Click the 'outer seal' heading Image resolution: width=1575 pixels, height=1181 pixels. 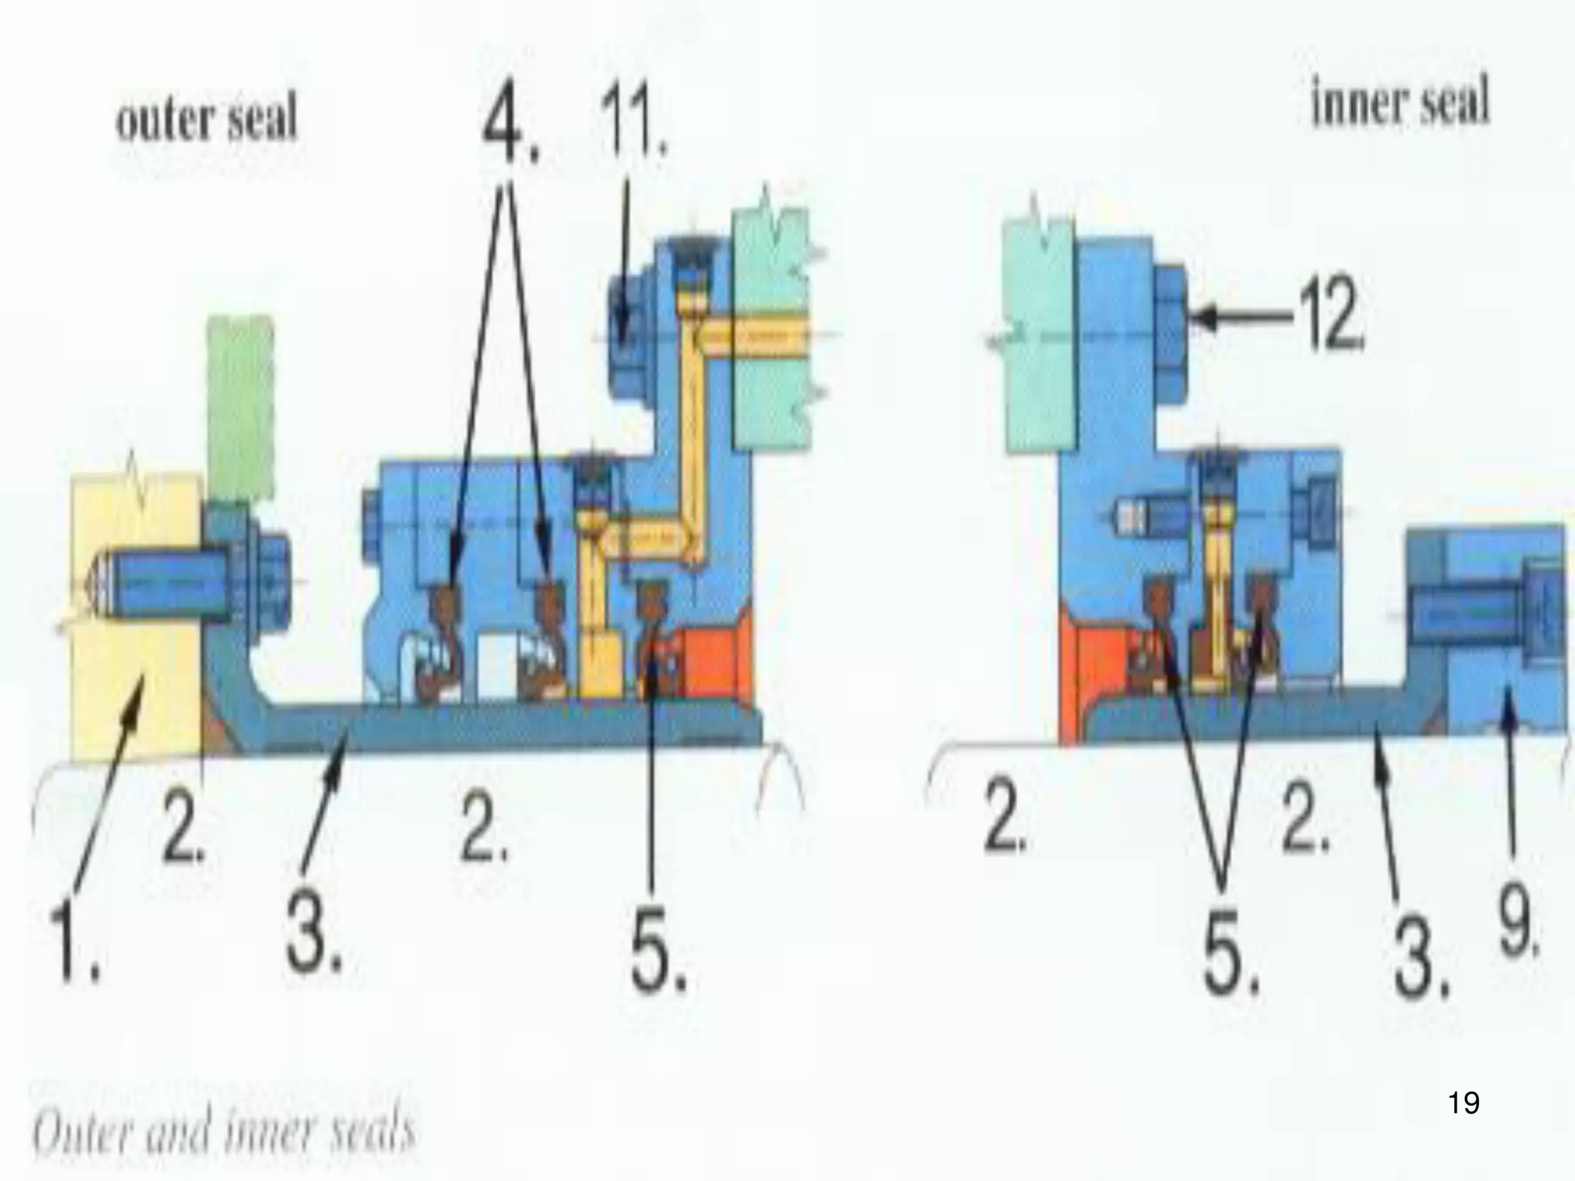[206, 121]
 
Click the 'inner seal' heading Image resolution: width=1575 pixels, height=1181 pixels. [1399, 106]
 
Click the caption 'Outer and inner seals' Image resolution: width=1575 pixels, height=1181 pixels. [223, 1132]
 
